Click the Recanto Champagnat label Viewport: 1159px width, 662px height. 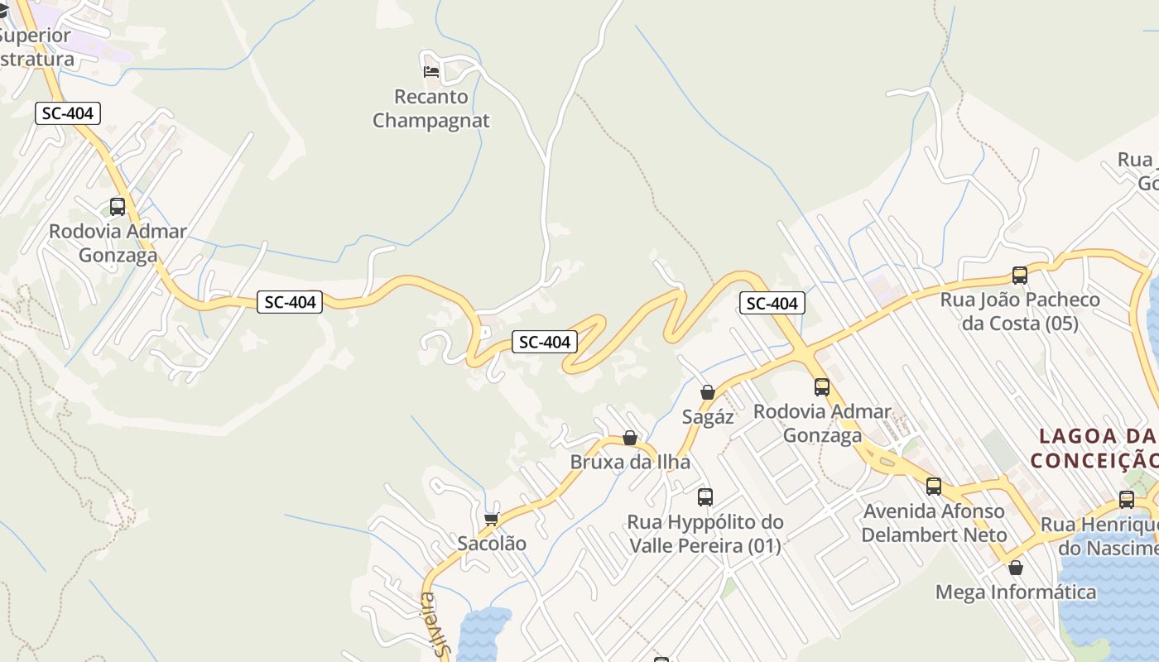click(x=430, y=108)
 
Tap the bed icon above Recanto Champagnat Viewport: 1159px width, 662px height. click(x=430, y=72)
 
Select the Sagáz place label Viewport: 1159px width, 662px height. click(x=708, y=416)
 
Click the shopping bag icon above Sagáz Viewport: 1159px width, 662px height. click(x=708, y=392)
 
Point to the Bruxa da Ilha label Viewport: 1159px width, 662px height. click(x=630, y=462)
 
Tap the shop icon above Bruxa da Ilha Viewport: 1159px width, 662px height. click(x=630, y=438)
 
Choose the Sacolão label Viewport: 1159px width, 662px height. click(x=492, y=543)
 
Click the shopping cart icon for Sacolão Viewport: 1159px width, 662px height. click(x=492, y=519)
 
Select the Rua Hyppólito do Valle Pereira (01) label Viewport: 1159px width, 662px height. click(x=705, y=534)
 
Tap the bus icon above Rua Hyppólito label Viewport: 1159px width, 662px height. click(x=705, y=497)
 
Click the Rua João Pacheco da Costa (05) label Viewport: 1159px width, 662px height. click(x=1020, y=311)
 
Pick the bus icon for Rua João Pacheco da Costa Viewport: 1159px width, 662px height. click(x=1020, y=276)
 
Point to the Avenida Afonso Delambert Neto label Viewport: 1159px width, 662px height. click(x=934, y=522)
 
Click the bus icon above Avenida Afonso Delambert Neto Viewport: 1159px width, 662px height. click(x=934, y=487)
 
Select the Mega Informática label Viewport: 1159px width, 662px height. click(x=1016, y=592)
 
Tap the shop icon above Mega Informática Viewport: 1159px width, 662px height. click(x=1016, y=568)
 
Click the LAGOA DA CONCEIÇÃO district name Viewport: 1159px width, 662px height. click(x=1097, y=448)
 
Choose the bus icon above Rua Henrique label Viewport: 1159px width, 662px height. click(x=1127, y=500)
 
